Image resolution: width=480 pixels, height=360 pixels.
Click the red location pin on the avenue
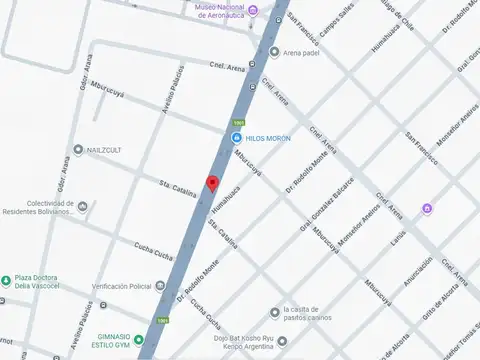(x=212, y=183)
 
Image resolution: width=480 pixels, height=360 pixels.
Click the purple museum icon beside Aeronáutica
(x=254, y=12)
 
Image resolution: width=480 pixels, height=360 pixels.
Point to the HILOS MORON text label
(x=268, y=137)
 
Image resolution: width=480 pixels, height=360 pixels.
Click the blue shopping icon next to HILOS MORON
(x=236, y=137)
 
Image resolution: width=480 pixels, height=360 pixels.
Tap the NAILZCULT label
(x=109, y=149)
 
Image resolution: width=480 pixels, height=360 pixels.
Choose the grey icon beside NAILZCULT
(x=78, y=149)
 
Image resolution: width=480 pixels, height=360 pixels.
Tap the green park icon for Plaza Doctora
(x=5, y=280)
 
